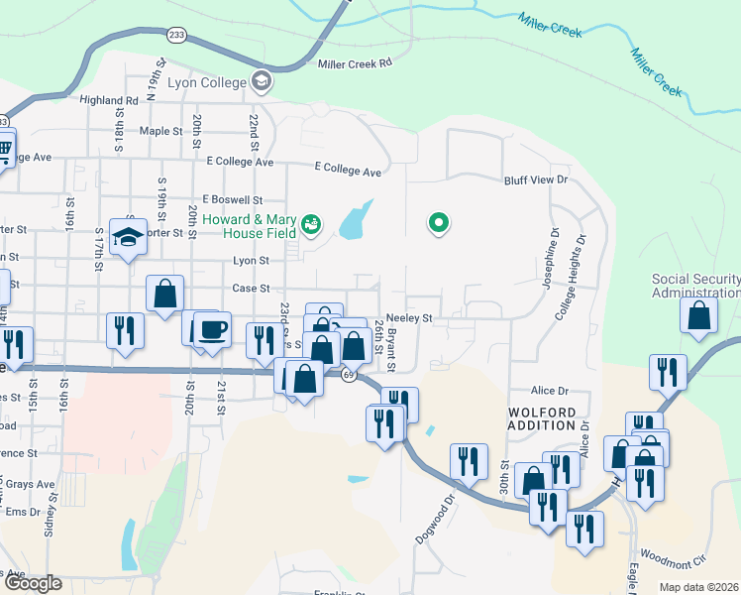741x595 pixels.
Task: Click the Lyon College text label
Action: coord(206,82)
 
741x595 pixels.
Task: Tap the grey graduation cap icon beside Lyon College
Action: coord(262,80)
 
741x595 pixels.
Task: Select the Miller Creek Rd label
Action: coord(356,63)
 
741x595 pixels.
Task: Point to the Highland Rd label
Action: coord(109,100)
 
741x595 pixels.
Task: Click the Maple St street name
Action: coord(161,130)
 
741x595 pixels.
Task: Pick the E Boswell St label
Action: coord(232,199)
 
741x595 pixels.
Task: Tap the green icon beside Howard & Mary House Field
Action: coord(312,224)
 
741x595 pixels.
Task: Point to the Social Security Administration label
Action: coord(695,286)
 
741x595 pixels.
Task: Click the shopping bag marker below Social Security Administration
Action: coord(698,315)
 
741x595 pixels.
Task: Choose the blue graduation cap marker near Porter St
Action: coord(128,237)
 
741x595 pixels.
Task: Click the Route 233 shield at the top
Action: coord(176,33)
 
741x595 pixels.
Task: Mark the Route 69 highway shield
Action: coord(349,376)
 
